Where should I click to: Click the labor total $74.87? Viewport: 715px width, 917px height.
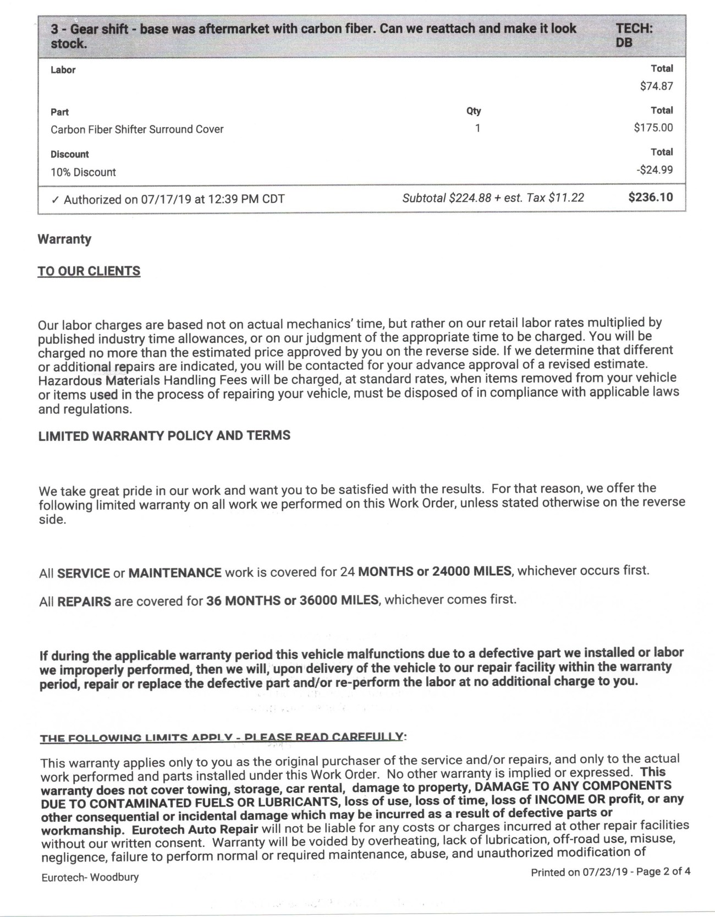(656, 86)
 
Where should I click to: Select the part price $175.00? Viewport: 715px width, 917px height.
(653, 128)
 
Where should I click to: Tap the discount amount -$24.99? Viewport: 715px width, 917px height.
(654, 170)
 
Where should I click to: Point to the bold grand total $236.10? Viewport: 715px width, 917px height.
(650, 197)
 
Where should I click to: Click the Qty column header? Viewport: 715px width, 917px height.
(474, 111)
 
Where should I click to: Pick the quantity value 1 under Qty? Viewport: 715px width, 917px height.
(477, 128)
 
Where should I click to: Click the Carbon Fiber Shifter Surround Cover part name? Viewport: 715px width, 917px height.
(137, 129)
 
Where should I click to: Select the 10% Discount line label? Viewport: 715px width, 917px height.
(83, 172)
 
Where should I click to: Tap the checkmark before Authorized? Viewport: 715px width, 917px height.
(54, 200)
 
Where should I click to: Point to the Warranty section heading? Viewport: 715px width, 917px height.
(64, 239)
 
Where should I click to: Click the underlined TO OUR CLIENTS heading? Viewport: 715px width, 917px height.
(89, 271)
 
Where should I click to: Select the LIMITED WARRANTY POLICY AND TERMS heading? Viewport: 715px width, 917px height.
(164, 436)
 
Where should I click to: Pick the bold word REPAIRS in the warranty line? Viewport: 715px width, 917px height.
(84, 602)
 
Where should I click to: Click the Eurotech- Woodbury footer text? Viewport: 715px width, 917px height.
(90, 877)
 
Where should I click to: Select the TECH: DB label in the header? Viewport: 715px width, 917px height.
(634, 35)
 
